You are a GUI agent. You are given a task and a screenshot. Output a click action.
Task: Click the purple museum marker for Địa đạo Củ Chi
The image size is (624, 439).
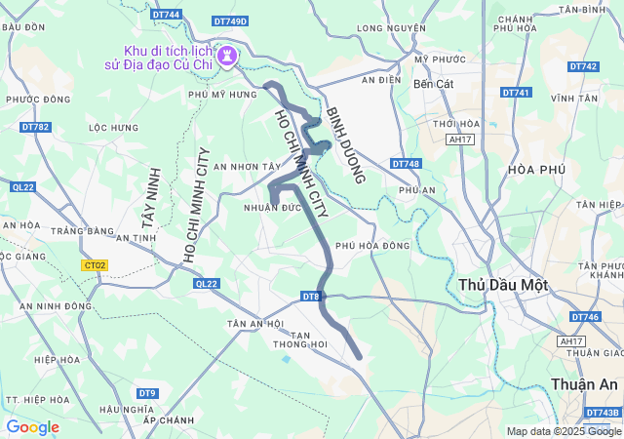228,56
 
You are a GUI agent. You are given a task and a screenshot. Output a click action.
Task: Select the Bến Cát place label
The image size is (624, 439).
434,84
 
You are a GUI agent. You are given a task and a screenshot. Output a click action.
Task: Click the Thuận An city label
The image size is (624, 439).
583,384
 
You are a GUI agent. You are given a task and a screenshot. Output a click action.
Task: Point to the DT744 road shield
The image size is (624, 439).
167,15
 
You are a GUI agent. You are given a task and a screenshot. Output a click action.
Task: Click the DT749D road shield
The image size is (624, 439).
230,20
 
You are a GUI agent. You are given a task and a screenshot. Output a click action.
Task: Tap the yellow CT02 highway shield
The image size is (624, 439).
95,264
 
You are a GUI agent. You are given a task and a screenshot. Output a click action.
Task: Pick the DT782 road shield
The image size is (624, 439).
34,127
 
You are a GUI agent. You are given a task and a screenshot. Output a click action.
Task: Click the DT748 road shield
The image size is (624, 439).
406,164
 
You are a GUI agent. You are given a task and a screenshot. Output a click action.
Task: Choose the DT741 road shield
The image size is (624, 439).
516,93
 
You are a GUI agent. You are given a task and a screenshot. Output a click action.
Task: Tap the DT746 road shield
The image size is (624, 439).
585,317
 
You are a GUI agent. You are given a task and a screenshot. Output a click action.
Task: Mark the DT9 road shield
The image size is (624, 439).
147,393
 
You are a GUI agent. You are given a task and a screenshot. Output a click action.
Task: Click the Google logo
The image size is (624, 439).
32,427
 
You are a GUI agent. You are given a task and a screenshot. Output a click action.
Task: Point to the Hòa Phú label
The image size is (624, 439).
537,169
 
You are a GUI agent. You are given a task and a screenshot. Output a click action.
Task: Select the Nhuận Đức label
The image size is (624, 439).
271,208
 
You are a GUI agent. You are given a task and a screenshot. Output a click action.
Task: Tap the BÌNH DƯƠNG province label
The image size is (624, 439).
345,145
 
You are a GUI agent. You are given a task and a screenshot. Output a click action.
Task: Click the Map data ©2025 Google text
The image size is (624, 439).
563,431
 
